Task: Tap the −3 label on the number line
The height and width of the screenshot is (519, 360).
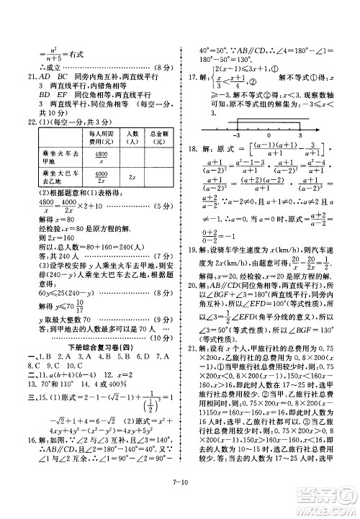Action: [x=236, y=135]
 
